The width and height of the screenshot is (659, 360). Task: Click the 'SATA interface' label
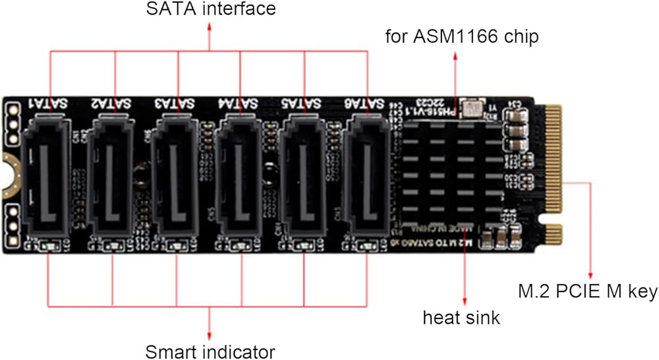click(210, 10)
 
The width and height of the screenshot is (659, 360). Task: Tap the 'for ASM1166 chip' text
click(462, 36)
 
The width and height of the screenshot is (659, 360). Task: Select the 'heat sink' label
click(461, 318)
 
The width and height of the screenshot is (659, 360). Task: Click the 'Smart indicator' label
click(210, 350)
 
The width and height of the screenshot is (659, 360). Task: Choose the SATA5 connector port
click(304, 174)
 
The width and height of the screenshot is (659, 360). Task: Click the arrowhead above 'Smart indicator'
click(210, 332)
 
